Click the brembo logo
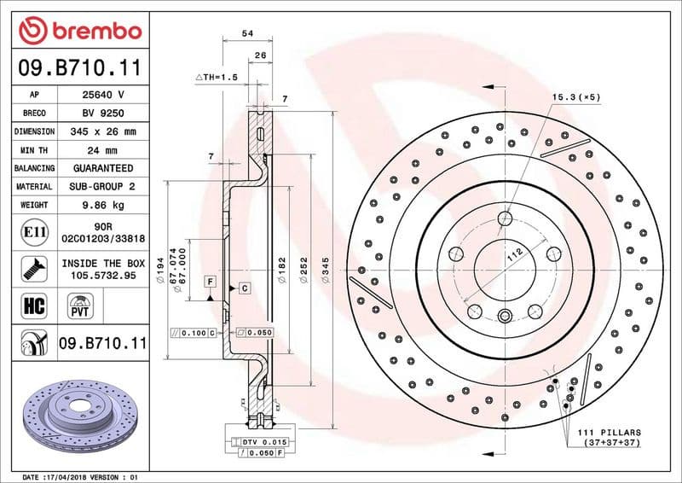79,32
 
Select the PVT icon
81,305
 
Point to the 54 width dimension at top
248,33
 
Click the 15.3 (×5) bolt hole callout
576,96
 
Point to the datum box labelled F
208,281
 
